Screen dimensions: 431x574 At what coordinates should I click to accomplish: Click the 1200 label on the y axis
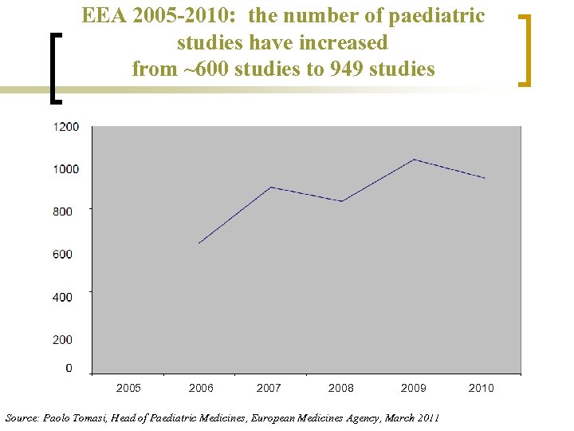click(x=66, y=127)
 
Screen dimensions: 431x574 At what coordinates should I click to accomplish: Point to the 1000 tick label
click(x=66, y=169)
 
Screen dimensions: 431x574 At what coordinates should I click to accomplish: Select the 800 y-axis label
click(x=63, y=212)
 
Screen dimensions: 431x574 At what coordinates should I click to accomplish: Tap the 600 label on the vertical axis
click(x=63, y=255)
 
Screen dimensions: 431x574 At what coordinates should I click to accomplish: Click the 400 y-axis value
click(x=63, y=297)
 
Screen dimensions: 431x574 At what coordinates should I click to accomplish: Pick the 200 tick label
click(x=63, y=340)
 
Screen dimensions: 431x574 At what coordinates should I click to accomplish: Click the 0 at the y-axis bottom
click(x=69, y=368)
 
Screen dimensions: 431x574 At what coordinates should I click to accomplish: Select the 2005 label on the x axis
click(x=128, y=388)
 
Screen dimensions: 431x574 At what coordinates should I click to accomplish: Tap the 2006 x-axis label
click(x=201, y=388)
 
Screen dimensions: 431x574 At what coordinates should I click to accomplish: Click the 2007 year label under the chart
click(x=269, y=388)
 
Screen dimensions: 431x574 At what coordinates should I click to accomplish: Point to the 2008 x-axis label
click(x=341, y=388)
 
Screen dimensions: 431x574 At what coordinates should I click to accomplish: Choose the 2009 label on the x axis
click(x=413, y=388)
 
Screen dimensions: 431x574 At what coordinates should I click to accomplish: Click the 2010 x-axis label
click(x=482, y=388)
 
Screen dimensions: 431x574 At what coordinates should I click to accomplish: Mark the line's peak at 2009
click(x=414, y=160)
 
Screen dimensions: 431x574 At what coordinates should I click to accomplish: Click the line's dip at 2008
click(x=342, y=201)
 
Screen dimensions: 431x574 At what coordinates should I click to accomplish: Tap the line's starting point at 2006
click(x=199, y=243)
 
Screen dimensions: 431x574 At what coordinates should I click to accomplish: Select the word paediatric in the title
click(x=436, y=16)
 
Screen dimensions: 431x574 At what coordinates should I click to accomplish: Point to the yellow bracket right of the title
click(x=524, y=49)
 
